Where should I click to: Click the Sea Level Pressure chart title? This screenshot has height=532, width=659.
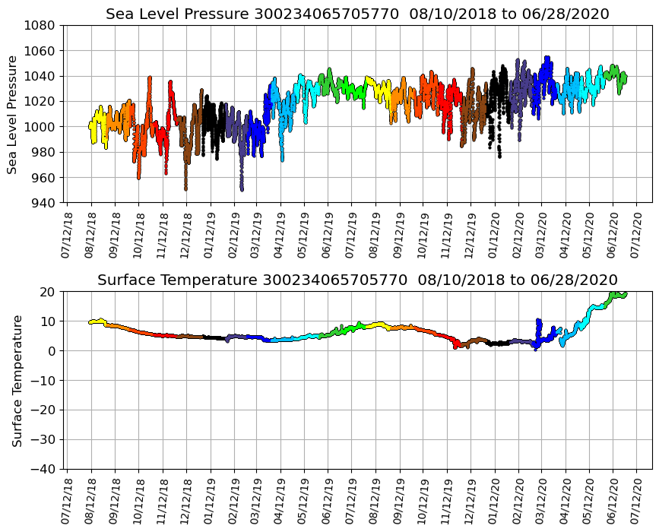[357, 14]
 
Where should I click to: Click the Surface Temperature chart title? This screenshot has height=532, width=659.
[357, 280]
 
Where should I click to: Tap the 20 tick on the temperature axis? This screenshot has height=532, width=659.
[49, 292]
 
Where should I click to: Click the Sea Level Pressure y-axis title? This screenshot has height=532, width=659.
[14, 114]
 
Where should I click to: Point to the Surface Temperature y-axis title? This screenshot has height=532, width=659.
[17, 380]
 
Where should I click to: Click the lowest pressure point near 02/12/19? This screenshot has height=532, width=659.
[242, 188]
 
